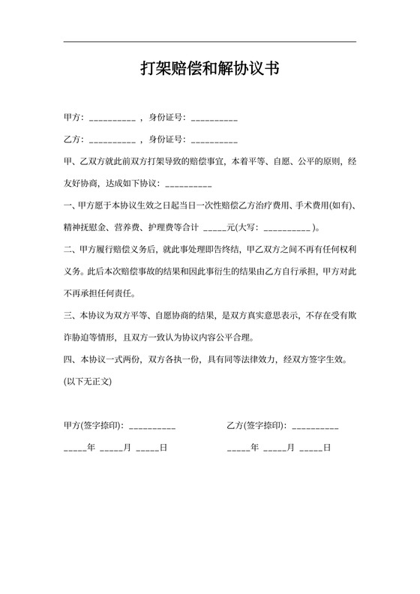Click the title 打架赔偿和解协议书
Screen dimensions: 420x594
point(210,70)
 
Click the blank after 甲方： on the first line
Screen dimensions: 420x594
point(112,119)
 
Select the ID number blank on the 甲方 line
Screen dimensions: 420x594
point(214,119)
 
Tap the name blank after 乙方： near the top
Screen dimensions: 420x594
point(112,140)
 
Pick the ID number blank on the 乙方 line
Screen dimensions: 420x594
point(214,140)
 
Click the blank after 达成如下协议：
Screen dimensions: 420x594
point(188,184)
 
